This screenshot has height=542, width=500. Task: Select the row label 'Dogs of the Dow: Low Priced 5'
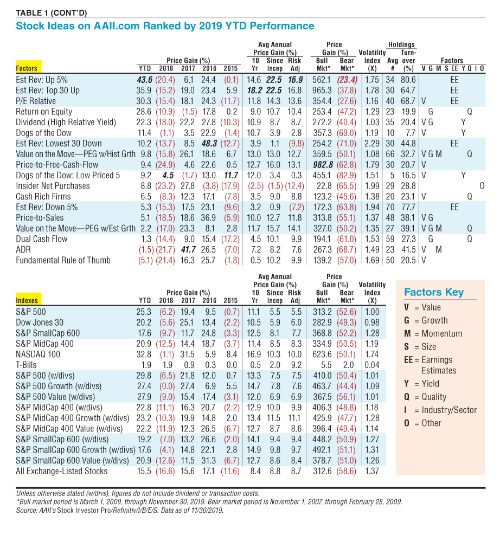[68, 175]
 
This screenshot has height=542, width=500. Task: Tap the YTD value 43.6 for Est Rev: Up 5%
[145, 80]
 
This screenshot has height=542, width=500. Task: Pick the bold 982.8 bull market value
[323, 165]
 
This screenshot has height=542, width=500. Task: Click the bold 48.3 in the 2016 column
[209, 144]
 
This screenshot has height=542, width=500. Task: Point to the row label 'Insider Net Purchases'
[53, 186]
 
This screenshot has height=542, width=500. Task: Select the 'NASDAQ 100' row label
[38, 354]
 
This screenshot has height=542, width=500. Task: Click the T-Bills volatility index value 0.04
[372, 365]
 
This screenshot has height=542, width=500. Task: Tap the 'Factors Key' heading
[434, 292]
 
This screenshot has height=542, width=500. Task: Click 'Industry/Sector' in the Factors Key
[449, 410]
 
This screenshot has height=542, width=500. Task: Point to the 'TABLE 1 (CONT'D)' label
[51, 13]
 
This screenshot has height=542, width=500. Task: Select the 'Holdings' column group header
[401, 44]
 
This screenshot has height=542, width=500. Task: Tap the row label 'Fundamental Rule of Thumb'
[63, 260]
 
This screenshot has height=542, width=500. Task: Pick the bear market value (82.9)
[347, 175]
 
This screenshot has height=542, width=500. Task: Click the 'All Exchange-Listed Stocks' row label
[61, 471]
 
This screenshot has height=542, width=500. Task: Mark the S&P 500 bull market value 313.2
[323, 312]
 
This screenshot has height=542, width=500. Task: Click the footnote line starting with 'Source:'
[120, 510]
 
